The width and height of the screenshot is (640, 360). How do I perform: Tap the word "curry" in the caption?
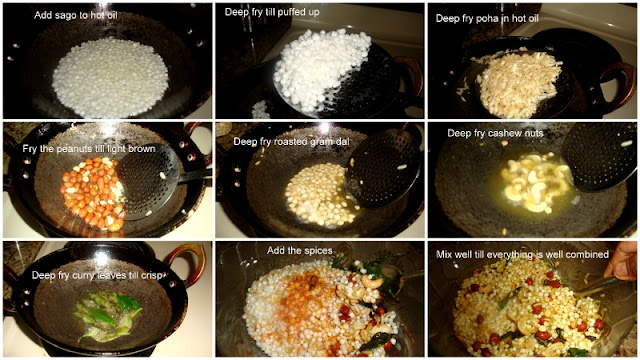[x=83, y=276]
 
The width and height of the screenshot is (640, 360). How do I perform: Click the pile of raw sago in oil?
[x=110, y=78]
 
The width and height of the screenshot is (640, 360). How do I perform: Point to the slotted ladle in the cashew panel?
[x=599, y=157]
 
